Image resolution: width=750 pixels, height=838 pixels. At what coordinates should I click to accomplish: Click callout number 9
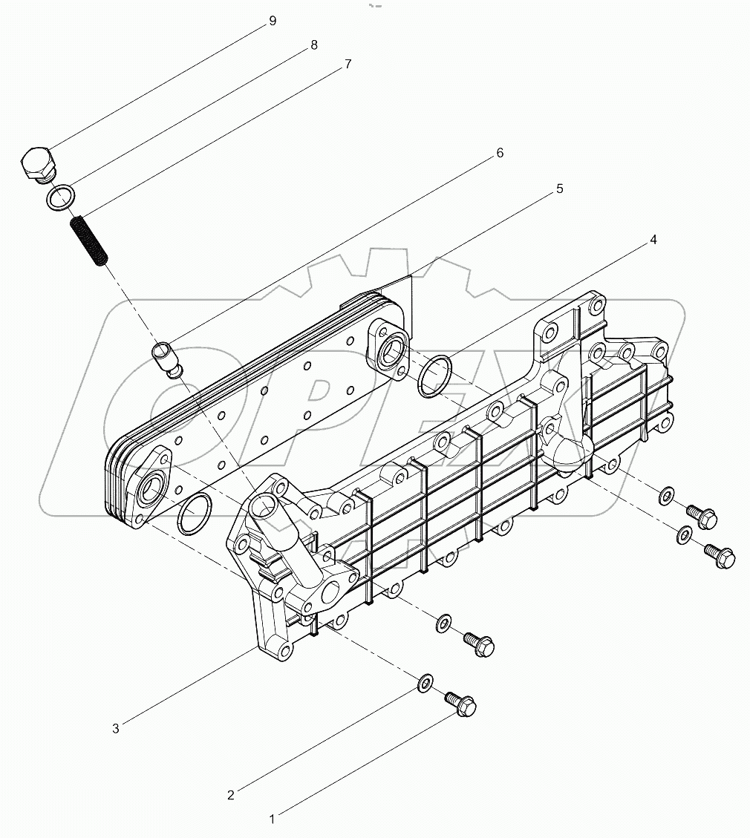(273, 21)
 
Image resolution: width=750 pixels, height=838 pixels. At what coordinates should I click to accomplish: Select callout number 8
(314, 45)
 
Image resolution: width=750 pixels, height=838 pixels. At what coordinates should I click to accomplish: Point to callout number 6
(500, 153)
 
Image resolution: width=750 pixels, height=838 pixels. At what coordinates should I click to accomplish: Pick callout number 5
(559, 189)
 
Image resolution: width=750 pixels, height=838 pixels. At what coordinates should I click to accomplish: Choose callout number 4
(653, 240)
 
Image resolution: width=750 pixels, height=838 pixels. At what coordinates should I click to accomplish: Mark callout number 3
(116, 729)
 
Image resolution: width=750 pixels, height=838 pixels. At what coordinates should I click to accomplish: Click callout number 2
(231, 795)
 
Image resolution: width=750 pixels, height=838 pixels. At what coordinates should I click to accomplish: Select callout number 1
(273, 819)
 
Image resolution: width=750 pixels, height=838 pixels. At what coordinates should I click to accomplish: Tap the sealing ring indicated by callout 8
(61, 197)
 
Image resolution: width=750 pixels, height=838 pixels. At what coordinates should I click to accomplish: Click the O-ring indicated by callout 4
(434, 376)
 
